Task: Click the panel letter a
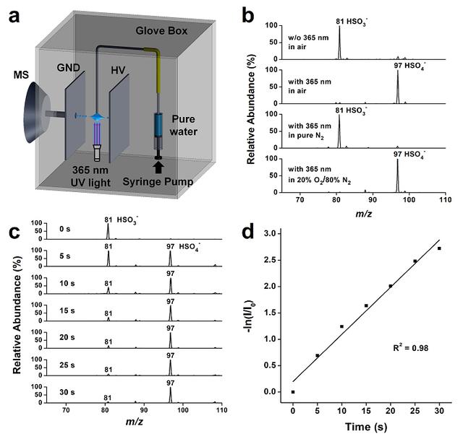pyautogui.click(x=16, y=14)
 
